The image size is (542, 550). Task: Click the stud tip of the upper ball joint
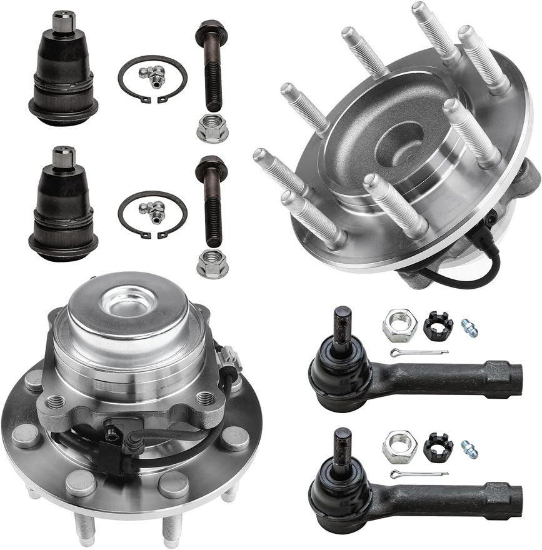(63, 21)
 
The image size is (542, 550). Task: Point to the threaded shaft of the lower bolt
(213, 219)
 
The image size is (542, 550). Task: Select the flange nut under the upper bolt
(212, 129)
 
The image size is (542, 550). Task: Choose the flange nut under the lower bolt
(212, 266)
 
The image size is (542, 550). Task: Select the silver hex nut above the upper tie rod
(399, 326)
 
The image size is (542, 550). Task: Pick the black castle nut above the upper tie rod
(438, 326)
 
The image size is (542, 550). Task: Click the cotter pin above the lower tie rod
(418, 474)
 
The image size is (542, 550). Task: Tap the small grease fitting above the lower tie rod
(469, 449)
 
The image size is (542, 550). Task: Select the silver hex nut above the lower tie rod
(399, 446)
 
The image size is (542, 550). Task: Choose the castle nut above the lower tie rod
(438, 446)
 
